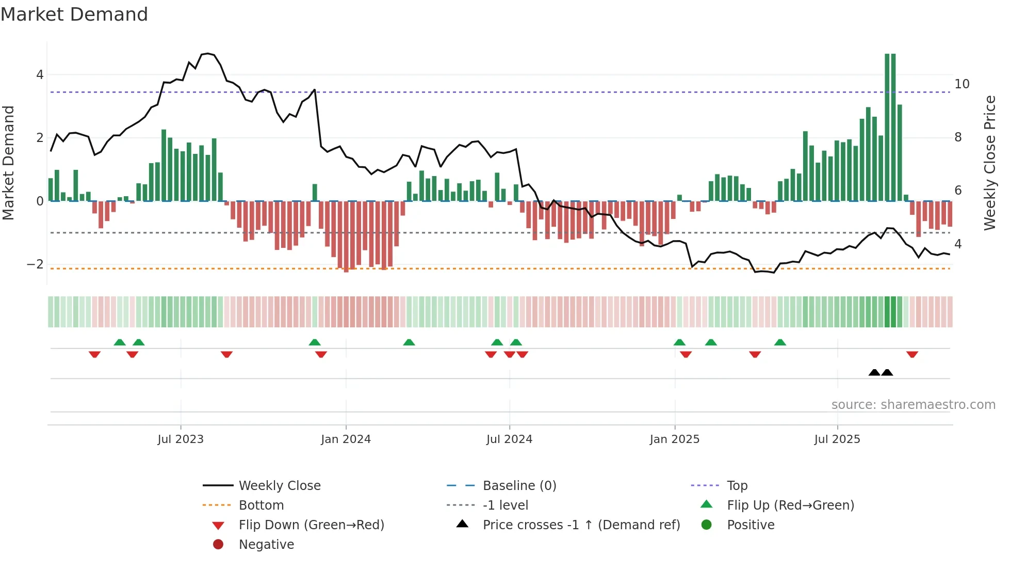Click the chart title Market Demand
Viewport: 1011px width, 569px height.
(74, 14)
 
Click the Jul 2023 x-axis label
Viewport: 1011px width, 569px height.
(181, 439)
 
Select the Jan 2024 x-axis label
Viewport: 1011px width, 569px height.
(346, 439)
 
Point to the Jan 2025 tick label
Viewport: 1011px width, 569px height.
(674, 439)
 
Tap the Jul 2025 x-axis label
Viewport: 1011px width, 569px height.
(837, 439)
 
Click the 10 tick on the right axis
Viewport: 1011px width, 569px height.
(961, 84)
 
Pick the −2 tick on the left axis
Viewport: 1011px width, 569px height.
(35, 264)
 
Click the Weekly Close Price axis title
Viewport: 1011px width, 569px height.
(989, 163)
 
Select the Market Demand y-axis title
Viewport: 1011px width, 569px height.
(9, 163)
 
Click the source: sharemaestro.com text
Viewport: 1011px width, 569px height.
(913, 405)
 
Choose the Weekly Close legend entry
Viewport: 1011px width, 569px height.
(279, 486)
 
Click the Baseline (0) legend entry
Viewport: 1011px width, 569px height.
(519, 486)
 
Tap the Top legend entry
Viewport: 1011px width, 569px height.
(737, 486)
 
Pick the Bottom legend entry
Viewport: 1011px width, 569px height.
(261, 505)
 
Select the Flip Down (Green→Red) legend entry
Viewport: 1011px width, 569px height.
(311, 525)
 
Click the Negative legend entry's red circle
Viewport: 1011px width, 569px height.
(218, 545)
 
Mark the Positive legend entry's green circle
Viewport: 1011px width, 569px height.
(707, 525)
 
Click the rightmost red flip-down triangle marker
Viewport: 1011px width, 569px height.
(912, 354)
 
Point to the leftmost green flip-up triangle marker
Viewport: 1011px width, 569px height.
(120, 342)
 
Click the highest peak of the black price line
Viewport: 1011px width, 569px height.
(207, 53)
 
